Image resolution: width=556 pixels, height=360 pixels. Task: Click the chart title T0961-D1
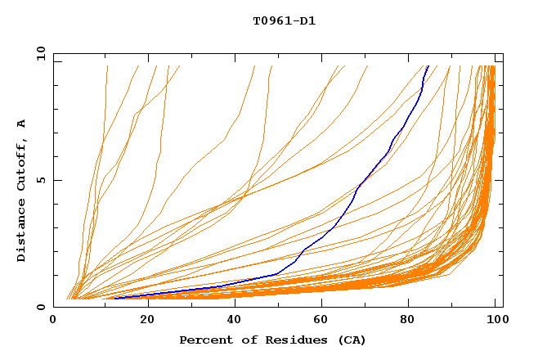[284, 21]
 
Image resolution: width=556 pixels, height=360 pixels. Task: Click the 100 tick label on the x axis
[496, 320]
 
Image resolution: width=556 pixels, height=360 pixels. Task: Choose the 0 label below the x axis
[53, 320]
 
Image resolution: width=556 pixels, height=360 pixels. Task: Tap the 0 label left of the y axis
[41, 307]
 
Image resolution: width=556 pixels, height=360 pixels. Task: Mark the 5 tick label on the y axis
[41, 180]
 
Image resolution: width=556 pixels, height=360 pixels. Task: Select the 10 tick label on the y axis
[38, 53]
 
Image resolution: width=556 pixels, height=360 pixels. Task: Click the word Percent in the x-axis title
[203, 340]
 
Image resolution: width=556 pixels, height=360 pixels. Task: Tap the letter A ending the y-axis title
[22, 123]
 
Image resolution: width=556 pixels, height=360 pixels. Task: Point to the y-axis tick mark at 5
[56, 180]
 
